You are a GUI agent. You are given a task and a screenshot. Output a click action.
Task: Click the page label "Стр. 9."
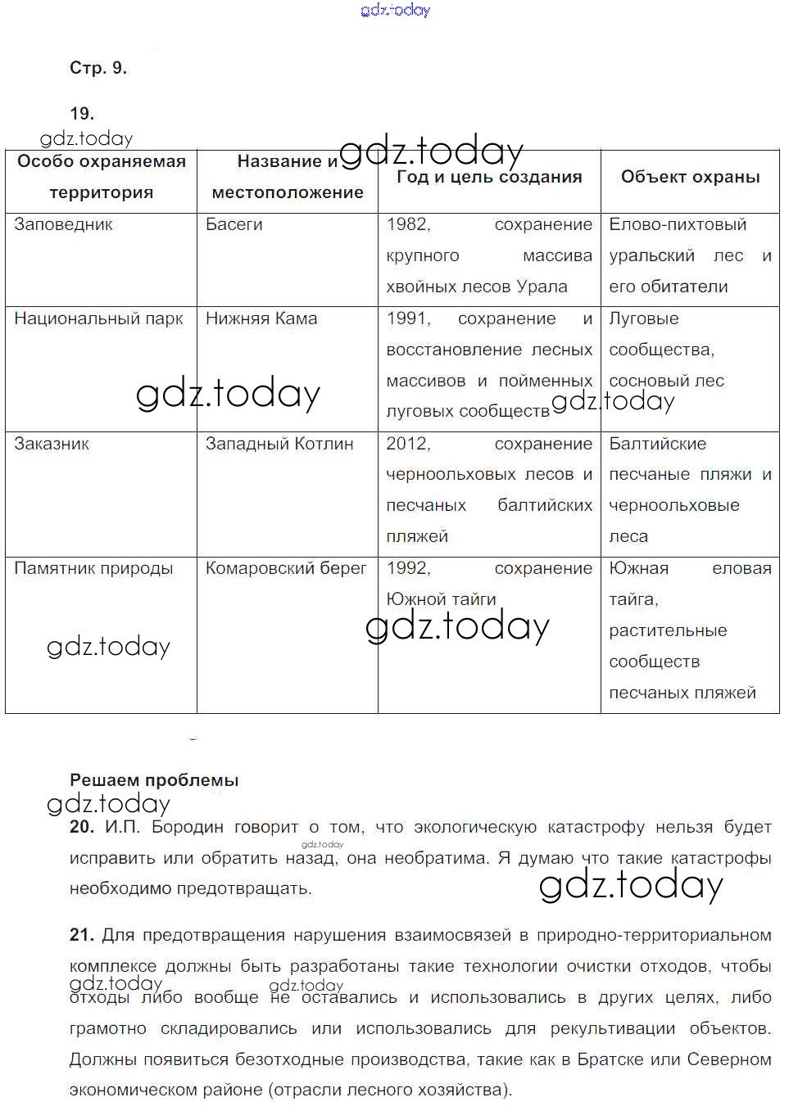[98, 68]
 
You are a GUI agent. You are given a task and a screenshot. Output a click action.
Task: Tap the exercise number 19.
[82, 114]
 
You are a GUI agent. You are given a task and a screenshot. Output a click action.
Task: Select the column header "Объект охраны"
[690, 177]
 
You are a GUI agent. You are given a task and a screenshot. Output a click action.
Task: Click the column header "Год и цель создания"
[489, 177]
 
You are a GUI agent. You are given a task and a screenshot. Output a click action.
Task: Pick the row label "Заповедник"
[64, 224]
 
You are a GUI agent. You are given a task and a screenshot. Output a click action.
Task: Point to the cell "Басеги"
[234, 224]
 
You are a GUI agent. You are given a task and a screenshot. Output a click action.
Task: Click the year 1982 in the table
[408, 224]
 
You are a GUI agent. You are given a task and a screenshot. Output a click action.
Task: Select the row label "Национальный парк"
[98, 318]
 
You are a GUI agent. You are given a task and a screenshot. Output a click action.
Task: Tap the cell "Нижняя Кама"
[261, 318]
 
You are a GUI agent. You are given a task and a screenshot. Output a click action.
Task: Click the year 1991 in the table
[408, 318]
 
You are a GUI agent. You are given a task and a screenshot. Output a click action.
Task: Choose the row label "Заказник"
[52, 444]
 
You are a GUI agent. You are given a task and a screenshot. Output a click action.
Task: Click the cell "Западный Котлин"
[279, 444]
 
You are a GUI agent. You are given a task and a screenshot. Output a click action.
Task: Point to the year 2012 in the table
[408, 444]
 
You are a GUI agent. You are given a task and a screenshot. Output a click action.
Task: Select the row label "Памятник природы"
[93, 568]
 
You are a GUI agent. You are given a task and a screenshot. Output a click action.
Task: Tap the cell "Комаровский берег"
[286, 568]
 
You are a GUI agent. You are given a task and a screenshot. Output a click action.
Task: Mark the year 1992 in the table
[408, 568]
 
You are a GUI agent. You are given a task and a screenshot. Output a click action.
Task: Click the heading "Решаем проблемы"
[154, 780]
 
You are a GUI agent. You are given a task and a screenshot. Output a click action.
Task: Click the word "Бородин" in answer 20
[188, 828]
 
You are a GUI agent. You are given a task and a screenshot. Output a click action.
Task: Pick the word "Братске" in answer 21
[610, 1059]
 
